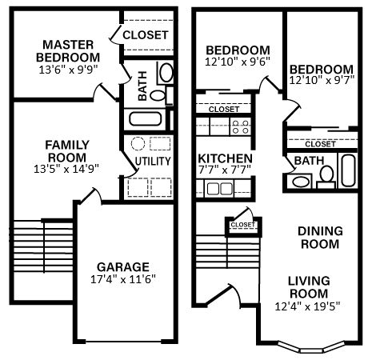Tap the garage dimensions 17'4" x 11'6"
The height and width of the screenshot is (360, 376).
click(123, 279)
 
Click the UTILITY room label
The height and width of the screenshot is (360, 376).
click(151, 161)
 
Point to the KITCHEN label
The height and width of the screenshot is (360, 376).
click(226, 158)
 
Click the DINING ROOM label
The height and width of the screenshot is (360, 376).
click(319, 238)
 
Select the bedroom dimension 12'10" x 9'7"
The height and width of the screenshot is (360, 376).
click(322, 82)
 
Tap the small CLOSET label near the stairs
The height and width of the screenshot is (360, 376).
click(242, 225)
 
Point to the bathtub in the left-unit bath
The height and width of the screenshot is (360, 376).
click(145, 120)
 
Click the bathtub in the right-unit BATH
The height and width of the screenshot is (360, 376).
click(350, 170)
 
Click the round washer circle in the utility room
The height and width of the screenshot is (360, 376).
click(138, 144)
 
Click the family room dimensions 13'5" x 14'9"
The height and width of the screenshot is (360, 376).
click(66, 169)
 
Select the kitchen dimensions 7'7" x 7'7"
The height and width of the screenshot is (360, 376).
click(226, 170)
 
